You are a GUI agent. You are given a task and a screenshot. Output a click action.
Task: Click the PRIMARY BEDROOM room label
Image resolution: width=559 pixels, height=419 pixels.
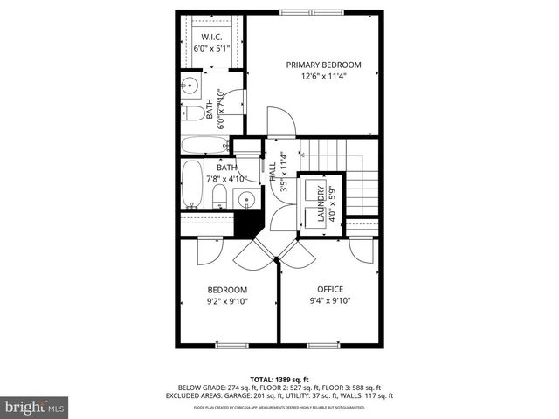tap(324, 65)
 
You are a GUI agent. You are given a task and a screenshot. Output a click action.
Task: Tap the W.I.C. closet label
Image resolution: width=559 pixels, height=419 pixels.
tap(210, 37)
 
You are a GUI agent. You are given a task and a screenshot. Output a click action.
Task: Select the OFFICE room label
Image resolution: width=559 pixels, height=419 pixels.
tap(330, 290)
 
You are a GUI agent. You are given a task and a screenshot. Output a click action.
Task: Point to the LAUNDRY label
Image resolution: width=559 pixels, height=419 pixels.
tap(321, 206)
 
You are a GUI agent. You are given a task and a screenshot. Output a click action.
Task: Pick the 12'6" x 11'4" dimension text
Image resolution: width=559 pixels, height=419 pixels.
tap(324, 76)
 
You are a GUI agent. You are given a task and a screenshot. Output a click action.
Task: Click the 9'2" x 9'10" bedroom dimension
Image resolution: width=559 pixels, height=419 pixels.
tap(227, 301)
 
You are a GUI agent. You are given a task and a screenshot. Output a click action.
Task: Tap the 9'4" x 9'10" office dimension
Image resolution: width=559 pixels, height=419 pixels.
tap(330, 301)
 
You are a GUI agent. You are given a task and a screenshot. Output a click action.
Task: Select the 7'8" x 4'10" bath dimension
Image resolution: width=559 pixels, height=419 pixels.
tap(226, 178)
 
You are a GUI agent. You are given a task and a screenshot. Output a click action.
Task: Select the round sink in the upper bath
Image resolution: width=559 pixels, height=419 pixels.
tap(190, 86)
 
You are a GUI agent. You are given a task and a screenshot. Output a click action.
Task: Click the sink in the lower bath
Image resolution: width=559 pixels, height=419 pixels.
tap(248, 199)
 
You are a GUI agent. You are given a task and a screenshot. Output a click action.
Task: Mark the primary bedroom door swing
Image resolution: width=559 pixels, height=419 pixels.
tap(278, 122)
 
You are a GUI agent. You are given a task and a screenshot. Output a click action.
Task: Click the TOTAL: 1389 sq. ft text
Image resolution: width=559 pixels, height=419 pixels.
tap(279, 379)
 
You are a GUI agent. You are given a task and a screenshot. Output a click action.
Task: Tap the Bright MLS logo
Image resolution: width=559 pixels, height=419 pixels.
tap(35, 407)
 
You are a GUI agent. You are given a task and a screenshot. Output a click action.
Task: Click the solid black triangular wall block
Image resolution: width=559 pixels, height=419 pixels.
tap(249, 225)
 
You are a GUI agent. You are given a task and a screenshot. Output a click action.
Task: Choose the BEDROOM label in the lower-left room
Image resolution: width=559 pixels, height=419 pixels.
tap(227, 290)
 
